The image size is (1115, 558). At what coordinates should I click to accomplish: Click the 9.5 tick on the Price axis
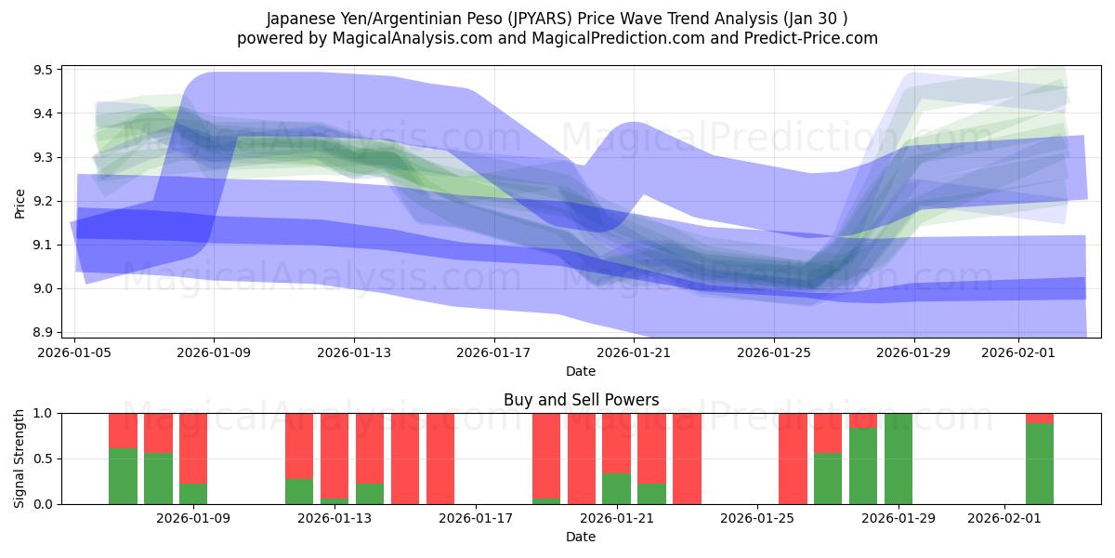[45, 70]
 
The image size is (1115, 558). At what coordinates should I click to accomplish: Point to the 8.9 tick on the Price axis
[45, 332]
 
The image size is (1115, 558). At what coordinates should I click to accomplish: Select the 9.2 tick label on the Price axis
[45, 201]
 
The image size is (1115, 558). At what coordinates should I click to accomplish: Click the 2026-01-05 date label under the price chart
[74, 352]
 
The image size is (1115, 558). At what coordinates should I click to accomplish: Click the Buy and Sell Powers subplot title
[581, 400]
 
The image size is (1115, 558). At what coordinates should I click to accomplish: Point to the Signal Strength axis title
[20, 458]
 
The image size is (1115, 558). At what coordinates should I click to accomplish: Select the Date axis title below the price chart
[581, 371]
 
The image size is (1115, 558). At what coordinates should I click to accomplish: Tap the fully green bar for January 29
[899, 458]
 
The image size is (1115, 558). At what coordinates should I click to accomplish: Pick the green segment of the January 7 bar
[124, 476]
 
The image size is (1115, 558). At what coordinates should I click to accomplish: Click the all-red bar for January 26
[793, 458]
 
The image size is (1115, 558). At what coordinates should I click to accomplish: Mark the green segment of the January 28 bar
[863, 466]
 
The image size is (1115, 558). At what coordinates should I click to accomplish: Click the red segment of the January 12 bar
[299, 445]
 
